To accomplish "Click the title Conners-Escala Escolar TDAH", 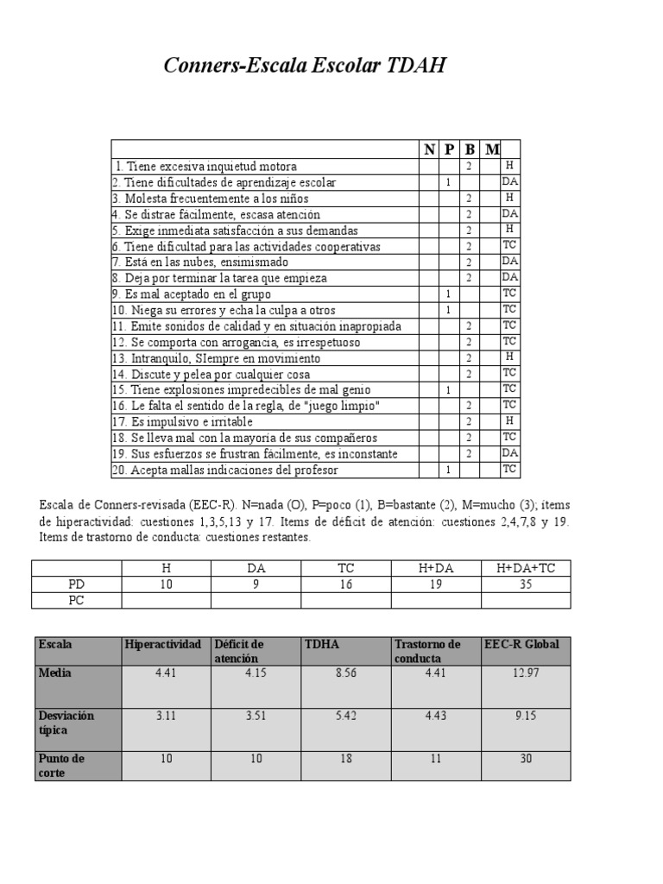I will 305,66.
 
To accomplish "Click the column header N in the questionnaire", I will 429,149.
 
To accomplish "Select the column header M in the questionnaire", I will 491,149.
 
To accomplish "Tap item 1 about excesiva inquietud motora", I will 206,166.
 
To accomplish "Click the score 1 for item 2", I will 449,182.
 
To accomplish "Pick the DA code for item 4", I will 509,213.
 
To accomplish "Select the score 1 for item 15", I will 449,390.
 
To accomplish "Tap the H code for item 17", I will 509,420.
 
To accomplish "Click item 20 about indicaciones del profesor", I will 224,470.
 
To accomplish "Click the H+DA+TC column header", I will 526,567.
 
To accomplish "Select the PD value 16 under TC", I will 345,584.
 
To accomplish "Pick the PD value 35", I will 526,584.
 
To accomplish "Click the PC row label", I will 77,600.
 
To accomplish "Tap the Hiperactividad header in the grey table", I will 163,645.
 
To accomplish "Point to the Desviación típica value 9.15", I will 526,716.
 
